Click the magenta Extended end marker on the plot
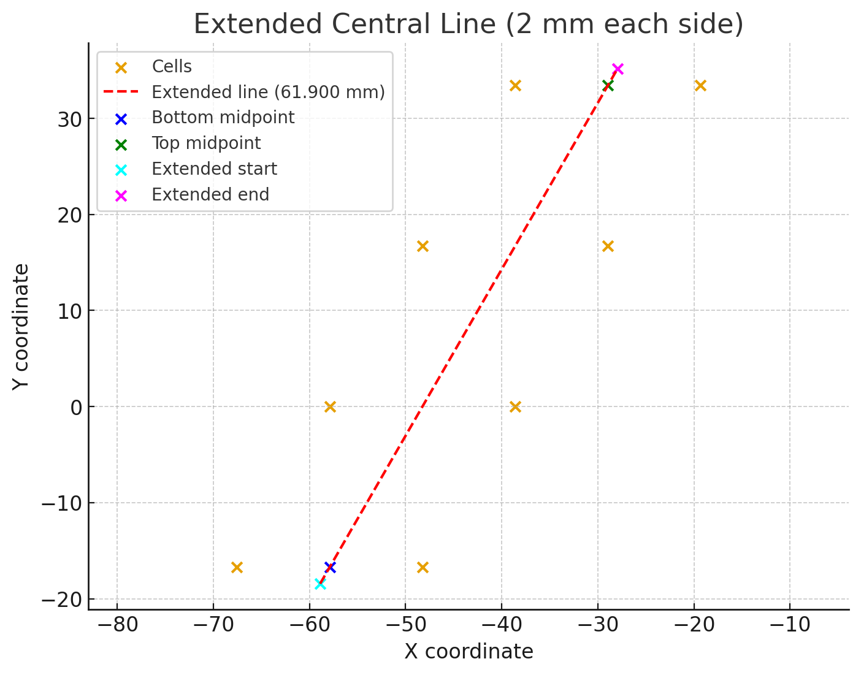[618, 69]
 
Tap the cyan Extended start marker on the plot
[320, 584]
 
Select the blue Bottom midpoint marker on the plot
[330, 567]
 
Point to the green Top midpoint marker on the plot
[608, 85]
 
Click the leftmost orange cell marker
[237, 567]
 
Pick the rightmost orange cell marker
[700, 85]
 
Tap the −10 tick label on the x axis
[789, 626]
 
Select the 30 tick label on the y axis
[71, 119]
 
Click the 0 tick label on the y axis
[76, 407]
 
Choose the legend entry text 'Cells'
[172, 67]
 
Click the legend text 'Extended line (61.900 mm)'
[268, 92]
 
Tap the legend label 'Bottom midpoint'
[223, 118]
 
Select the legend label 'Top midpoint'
[206, 143]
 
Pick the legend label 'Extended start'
[214, 169]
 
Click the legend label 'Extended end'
[210, 195]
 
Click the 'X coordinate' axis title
[469, 652]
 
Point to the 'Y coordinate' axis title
[21, 326]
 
